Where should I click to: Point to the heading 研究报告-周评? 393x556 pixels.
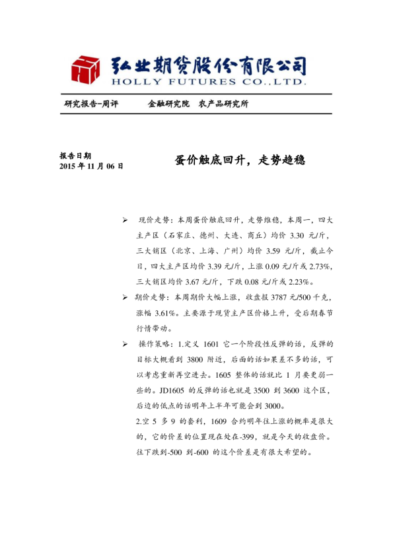click(x=91, y=104)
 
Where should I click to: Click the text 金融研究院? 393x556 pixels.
click(x=168, y=104)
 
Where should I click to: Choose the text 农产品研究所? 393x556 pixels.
click(x=224, y=104)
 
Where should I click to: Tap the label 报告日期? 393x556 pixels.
click(x=75, y=156)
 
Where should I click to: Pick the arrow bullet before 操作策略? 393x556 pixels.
click(x=125, y=345)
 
